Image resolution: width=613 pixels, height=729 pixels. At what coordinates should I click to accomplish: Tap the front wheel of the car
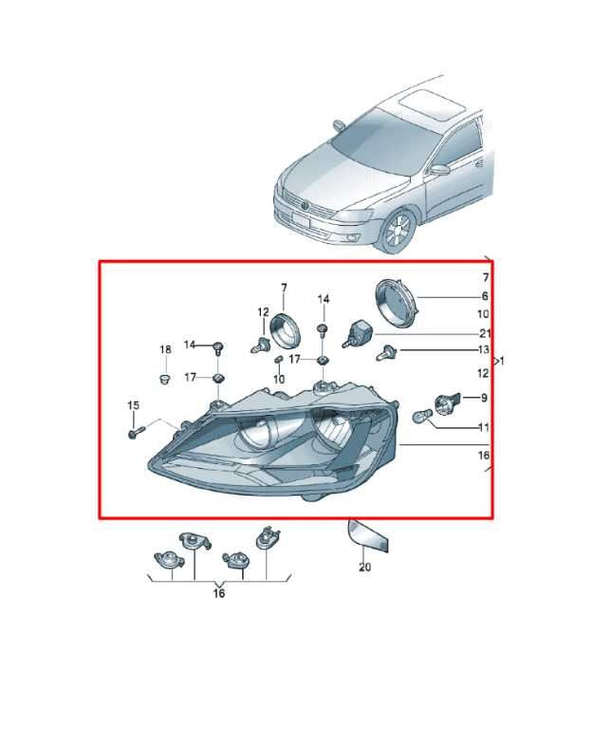(397, 231)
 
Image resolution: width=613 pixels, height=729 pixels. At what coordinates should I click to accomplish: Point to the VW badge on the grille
(305, 206)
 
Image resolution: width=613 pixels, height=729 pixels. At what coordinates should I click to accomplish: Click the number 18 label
(165, 349)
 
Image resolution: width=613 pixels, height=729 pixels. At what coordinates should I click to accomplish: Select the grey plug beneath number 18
(164, 379)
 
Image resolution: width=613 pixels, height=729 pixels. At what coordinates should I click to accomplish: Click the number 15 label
(133, 405)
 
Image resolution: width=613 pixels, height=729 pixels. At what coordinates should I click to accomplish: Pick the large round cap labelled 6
(397, 304)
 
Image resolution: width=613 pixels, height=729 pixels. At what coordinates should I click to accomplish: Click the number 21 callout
(485, 333)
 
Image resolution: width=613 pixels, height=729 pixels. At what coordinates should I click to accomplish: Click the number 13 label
(483, 349)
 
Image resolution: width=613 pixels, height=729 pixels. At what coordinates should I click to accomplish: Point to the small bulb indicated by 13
(385, 353)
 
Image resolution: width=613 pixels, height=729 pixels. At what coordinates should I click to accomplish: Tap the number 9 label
(484, 398)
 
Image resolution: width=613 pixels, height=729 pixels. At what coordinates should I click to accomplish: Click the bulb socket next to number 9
(448, 402)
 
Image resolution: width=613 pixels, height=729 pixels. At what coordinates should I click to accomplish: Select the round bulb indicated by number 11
(420, 416)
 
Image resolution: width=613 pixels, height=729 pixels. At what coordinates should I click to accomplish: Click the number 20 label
(364, 567)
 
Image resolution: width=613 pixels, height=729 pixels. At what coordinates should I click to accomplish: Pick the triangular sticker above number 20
(367, 535)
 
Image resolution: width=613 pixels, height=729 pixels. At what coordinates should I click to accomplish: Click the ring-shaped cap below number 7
(285, 330)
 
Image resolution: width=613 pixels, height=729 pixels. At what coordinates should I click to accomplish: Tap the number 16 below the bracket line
(219, 593)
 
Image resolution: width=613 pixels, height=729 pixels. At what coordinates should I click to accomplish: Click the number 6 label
(485, 296)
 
